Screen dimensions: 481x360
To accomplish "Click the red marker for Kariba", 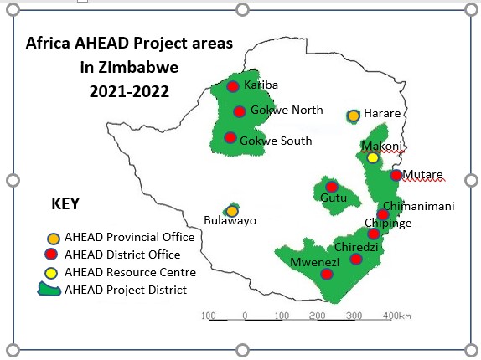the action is (x=233, y=86).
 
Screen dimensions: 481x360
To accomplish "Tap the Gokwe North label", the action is (x=287, y=110).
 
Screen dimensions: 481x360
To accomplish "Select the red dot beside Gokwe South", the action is (x=230, y=138).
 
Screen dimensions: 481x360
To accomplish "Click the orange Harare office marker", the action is (x=354, y=116).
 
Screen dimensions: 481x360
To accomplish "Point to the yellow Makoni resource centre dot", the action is (x=373, y=158).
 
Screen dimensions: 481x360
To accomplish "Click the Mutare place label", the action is (x=422, y=175).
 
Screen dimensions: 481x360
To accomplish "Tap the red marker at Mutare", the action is (x=396, y=175).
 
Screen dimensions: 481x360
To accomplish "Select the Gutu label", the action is (x=334, y=198).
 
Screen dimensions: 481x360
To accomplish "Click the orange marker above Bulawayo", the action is (x=232, y=211).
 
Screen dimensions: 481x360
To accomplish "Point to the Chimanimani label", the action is (x=419, y=206).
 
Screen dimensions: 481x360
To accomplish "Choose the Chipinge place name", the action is (x=388, y=223).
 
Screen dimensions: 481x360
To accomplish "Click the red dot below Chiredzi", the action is (x=356, y=260).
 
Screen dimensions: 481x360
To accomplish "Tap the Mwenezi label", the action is (x=315, y=262).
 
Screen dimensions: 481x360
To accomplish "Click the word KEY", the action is (x=65, y=203).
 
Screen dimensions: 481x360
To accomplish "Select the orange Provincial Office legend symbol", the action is (x=54, y=239).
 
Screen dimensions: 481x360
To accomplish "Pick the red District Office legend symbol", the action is (x=51, y=255).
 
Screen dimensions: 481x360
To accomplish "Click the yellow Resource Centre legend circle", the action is (x=51, y=273).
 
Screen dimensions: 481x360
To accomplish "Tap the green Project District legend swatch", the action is (x=49, y=290).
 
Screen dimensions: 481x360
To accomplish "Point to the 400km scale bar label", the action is (x=397, y=316).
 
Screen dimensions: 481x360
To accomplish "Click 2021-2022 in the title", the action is (x=129, y=91).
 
